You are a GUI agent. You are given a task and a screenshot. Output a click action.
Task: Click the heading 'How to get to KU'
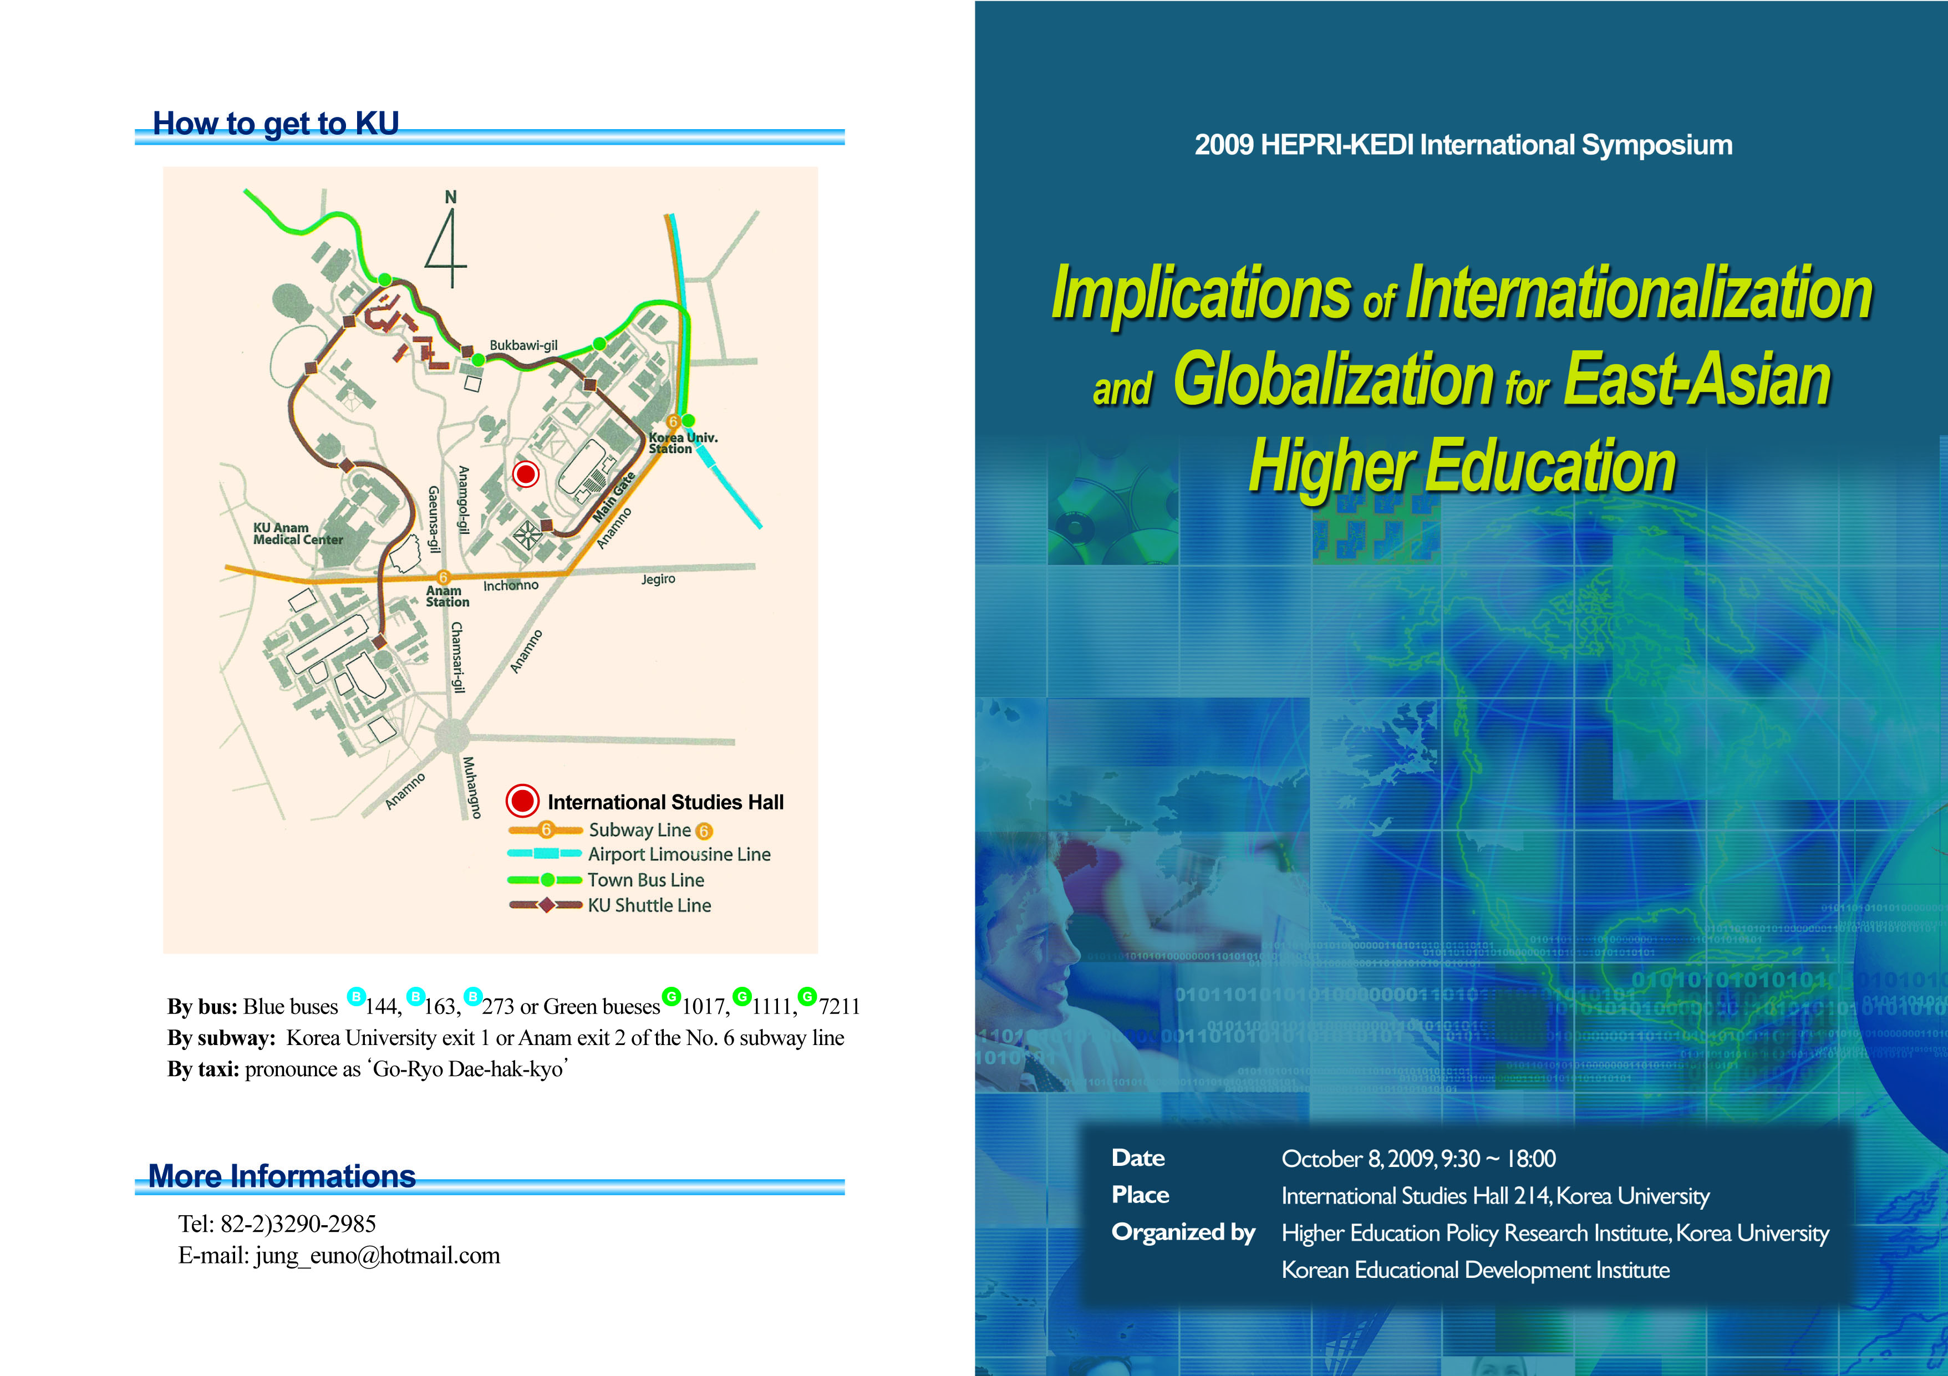(x=276, y=123)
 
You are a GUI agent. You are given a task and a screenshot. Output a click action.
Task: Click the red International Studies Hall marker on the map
(x=526, y=473)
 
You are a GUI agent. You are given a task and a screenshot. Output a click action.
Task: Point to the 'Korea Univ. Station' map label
(x=683, y=443)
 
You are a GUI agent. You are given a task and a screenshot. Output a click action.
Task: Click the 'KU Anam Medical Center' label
(x=298, y=534)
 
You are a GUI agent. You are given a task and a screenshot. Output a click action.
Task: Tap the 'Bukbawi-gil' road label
(x=523, y=345)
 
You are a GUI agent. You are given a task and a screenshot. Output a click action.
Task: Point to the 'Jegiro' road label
(x=658, y=579)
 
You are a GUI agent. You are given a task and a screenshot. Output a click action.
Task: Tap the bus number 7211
(x=839, y=1006)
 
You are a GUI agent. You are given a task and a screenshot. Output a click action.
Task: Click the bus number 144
(x=383, y=1006)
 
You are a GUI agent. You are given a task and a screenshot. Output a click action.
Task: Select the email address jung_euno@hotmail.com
(x=378, y=1256)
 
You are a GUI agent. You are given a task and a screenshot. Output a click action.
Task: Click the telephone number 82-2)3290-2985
(x=298, y=1224)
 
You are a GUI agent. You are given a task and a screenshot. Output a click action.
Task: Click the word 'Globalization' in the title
(x=1334, y=379)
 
